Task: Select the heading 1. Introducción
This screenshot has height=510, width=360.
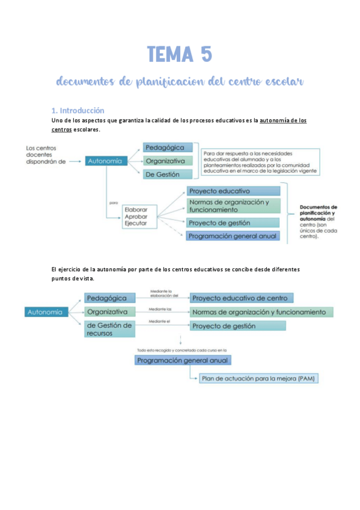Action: point(78,111)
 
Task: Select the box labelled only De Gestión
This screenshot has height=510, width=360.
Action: point(168,174)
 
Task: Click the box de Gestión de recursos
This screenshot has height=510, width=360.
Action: point(110,330)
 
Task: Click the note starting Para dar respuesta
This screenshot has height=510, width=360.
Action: point(260,162)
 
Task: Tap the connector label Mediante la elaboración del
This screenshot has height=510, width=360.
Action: point(165,292)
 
